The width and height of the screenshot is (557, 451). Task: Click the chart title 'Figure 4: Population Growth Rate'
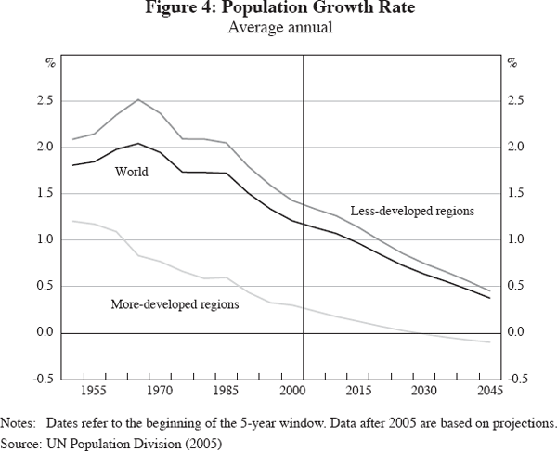278,10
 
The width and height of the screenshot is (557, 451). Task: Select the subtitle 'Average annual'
278,28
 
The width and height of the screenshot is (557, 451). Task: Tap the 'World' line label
131,172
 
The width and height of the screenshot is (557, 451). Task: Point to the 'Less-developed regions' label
412,211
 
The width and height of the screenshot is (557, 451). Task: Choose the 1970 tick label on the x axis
159,391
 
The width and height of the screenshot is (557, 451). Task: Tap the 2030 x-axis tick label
423,391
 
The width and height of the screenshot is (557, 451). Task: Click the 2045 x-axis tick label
489,391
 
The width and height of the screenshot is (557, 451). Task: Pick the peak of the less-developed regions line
137,99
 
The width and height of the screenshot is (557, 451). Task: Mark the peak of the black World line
137,143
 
